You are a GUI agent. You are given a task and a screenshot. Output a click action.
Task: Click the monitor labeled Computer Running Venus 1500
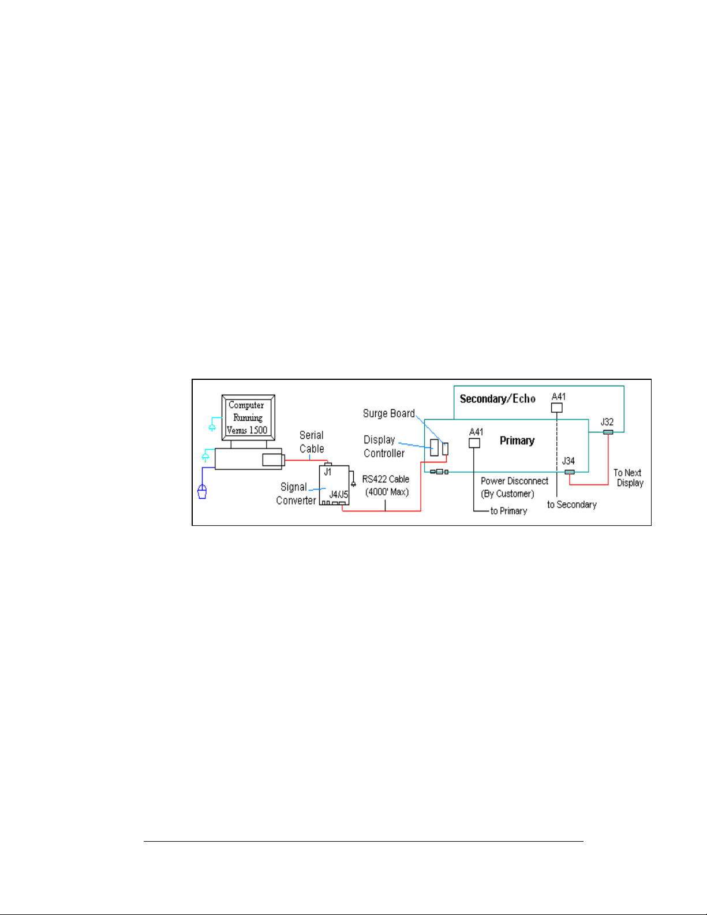tap(248, 417)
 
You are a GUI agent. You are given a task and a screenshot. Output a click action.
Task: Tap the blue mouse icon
tap(202, 492)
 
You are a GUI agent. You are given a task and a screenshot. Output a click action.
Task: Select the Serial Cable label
tap(312, 442)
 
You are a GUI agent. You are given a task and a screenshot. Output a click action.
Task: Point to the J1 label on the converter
tap(328, 472)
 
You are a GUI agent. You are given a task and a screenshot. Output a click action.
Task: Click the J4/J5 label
tap(339, 494)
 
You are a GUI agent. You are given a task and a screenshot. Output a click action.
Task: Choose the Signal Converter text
tap(295, 494)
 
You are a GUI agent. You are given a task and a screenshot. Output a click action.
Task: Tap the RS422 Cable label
tap(386, 479)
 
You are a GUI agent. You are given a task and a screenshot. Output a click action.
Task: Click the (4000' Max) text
tap(387, 492)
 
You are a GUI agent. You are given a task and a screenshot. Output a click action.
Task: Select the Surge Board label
tap(388, 413)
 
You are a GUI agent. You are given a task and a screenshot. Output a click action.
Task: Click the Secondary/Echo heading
tap(497, 399)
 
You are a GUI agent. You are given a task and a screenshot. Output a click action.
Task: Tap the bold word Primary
tap(517, 440)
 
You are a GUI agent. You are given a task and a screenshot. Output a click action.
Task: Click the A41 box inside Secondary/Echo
tap(557, 408)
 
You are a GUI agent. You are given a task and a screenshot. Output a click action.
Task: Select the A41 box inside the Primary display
tap(474, 443)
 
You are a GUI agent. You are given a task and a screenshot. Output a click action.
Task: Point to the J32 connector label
tap(607, 422)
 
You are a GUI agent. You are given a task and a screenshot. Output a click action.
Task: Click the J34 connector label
tap(568, 461)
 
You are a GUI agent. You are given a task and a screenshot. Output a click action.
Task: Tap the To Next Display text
tap(629, 477)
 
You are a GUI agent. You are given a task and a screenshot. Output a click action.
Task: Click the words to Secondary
tap(571, 505)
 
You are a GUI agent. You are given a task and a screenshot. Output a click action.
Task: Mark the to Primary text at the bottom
tap(508, 511)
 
